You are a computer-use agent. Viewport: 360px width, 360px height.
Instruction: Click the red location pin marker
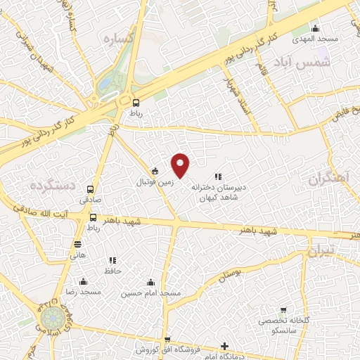pyautogui.click(x=181, y=165)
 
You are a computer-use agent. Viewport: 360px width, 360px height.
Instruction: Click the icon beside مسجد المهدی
pyautogui.click(x=315, y=29)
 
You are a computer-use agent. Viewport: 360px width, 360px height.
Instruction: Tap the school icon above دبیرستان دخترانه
pyautogui.click(x=218, y=176)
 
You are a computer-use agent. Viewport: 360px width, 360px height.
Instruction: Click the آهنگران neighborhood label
pyautogui.click(x=328, y=179)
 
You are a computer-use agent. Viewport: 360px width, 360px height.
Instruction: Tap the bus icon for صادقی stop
pyautogui.click(x=90, y=189)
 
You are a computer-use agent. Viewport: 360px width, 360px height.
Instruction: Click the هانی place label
pyautogui.click(x=77, y=256)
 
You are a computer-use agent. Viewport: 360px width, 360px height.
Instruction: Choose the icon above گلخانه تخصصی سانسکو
pyautogui.click(x=283, y=309)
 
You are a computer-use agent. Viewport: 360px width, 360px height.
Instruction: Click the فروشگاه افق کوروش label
pyautogui.click(x=167, y=350)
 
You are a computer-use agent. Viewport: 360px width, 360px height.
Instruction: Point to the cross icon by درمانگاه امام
pyautogui.click(x=224, y=346)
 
